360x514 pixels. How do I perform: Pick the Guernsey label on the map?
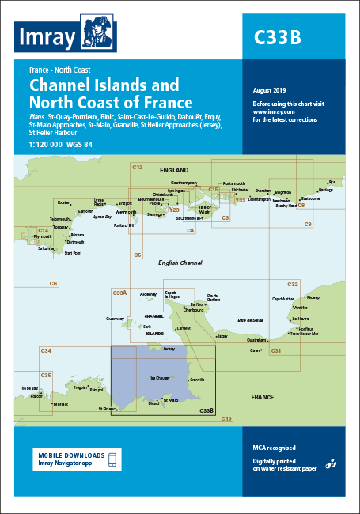click(x=116, y=319)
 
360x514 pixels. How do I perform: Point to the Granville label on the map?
click(x=198, y=380)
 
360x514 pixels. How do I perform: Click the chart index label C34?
click(x=46, y=350)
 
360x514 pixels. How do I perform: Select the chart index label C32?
click(x=293, y=284)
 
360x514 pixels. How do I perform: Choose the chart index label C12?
click(x=137, y=168)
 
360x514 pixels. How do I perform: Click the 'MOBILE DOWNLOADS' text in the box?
click(x=70, y=455)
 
